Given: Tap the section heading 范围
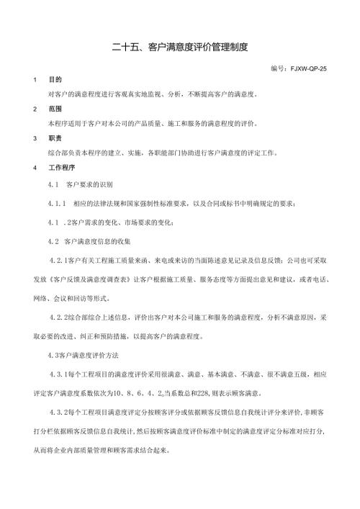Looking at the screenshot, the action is pos(55,109).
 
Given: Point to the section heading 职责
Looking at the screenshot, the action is pos(55,139).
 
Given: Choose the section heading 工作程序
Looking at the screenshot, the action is pos(61,168).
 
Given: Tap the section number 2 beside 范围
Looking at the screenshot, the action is pos(35,109).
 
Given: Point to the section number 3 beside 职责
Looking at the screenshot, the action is pos(35,139).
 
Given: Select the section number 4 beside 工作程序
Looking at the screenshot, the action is pos(35,168).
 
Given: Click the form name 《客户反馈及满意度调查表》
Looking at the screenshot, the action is pos(102,277).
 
